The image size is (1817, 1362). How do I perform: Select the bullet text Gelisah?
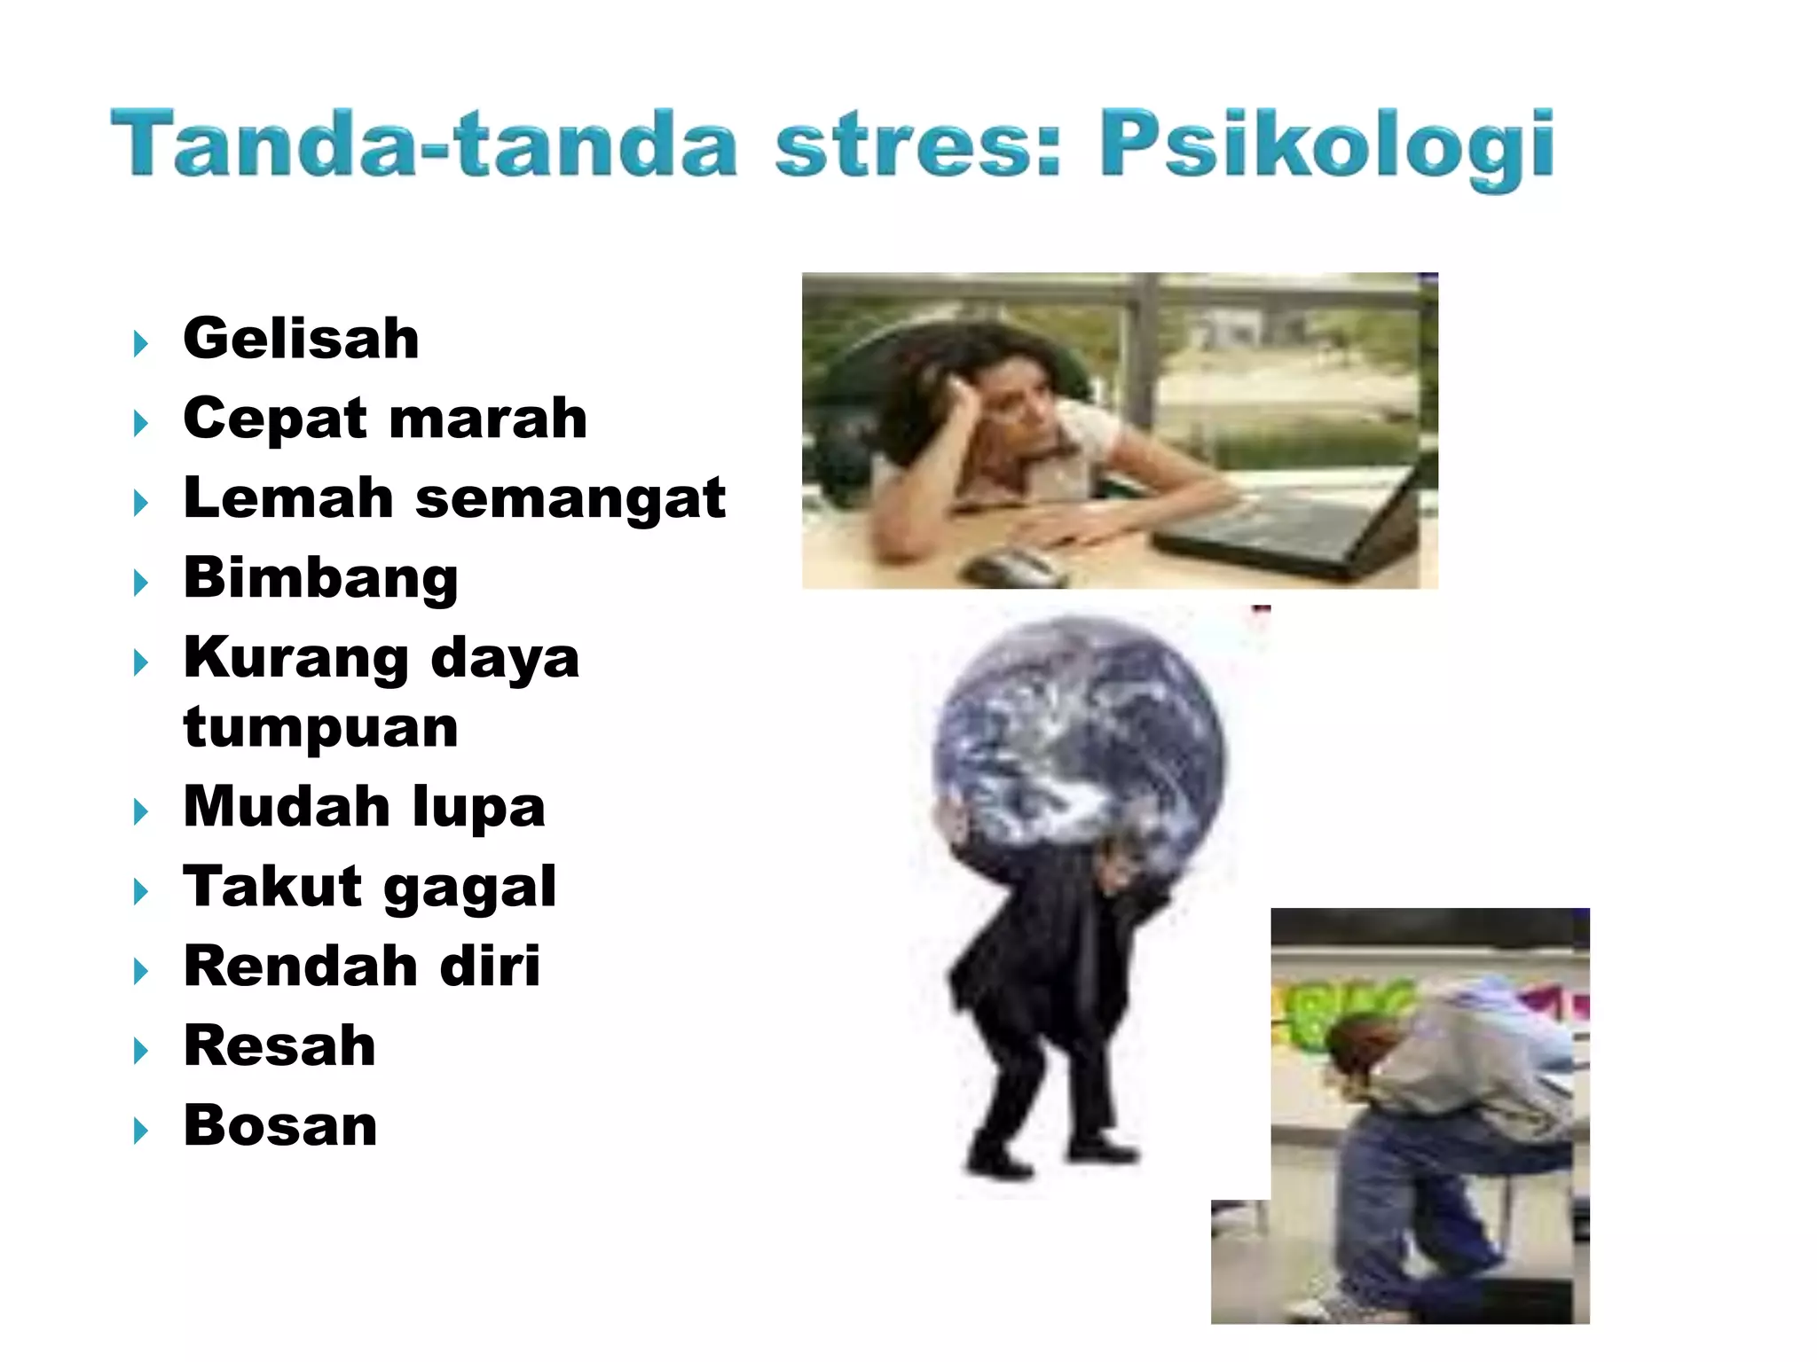pyautogui.click(x=301, y=339)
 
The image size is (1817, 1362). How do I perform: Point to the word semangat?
pyautogui.click(x=570, y=499)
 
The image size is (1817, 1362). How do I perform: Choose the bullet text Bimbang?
pyautogui.click(x=320, y=578)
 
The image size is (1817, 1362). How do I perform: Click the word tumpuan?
pyautogui.click(x=320, y=728)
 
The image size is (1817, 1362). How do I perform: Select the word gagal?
pyautogui.click(x=470, y=888)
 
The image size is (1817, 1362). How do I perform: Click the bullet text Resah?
pyautogui.click(x=279, y=1045)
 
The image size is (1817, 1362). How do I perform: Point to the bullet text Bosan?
pyautogui.click(x=280, y=1125)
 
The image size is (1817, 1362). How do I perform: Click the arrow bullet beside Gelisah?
pyautogui.click(x=140, y=343)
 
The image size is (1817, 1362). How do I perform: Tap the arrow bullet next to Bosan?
pyautogui.click(x=140, y=1131)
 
